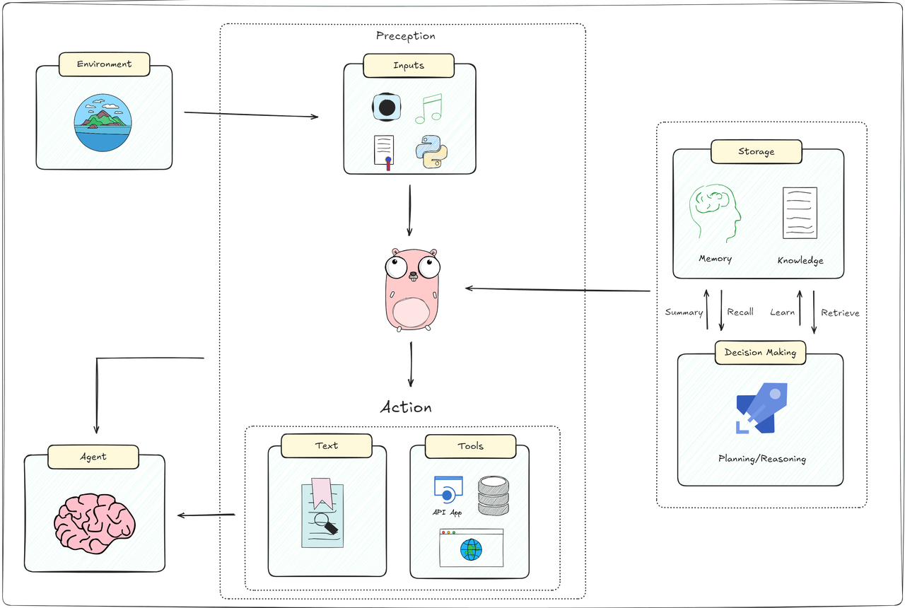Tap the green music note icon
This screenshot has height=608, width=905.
tap(428, 109)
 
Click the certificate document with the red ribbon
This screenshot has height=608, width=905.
tap(384, 152)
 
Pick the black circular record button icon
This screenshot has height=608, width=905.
tap(387, 107)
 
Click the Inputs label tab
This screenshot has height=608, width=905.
tap(409, 65)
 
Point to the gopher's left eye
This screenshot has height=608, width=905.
tap(398, 268)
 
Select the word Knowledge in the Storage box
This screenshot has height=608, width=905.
tap(800, 260)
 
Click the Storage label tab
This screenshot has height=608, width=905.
tap(756, 151)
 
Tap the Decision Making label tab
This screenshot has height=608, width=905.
tap(760, 352)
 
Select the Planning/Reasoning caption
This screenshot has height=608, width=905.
tap(761, 459)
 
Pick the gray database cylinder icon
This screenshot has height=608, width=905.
tap(494, 495)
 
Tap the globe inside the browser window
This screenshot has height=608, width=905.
tap(471, 549)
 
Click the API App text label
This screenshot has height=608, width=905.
tap(447, 513)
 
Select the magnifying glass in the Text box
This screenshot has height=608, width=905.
tap(326, 524)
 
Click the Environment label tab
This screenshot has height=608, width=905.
tap(104, 64)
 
